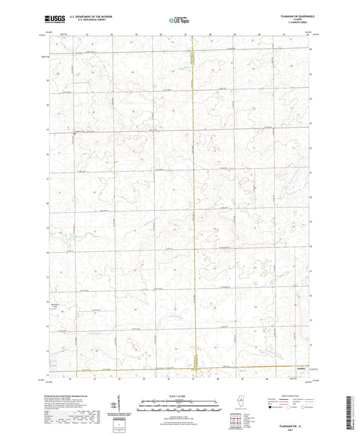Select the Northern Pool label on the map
[57, 306]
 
